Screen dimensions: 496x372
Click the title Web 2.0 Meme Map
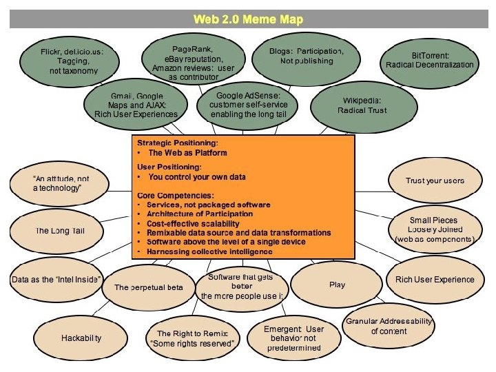click(x=248, y=19)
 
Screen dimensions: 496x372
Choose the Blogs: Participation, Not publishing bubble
click(x=307, y=56)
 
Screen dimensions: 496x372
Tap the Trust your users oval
click(x=434, y=180)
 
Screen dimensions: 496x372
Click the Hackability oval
click(x=81, y=338)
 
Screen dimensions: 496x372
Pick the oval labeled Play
click(x=337, y=284)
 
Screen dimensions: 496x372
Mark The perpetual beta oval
click(x=148, y=287)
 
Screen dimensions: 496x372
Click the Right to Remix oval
click(x=192, y=338)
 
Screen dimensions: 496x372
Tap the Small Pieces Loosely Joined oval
click(x=433, y=229)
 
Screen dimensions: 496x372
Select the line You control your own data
click(x=197, y=177)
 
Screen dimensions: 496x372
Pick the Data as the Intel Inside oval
click(x=56, y=280)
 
